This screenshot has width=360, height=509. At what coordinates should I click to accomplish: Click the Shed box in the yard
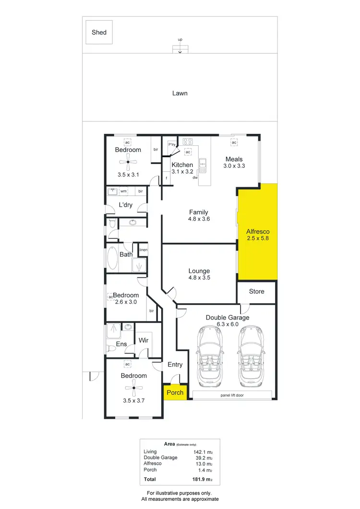99,33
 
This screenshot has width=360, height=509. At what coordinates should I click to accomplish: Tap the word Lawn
180,93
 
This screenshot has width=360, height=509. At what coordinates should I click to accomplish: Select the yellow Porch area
175,392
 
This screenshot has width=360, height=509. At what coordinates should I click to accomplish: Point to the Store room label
256,292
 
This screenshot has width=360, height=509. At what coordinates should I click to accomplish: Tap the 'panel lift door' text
232,396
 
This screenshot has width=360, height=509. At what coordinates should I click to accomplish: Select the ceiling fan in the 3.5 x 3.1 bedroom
128,162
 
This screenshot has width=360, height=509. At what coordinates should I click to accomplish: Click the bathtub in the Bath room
113,259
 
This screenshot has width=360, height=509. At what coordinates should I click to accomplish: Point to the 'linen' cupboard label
143,250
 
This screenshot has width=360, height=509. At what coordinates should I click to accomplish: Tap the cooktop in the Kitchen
187,142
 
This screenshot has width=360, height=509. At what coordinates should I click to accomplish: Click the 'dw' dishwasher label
195,178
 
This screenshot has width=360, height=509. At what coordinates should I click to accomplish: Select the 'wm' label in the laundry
123,191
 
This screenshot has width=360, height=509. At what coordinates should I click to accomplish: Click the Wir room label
143,341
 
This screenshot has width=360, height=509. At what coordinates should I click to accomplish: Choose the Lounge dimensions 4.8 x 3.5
199,278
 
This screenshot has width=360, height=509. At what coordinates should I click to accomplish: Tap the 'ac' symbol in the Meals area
234,143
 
